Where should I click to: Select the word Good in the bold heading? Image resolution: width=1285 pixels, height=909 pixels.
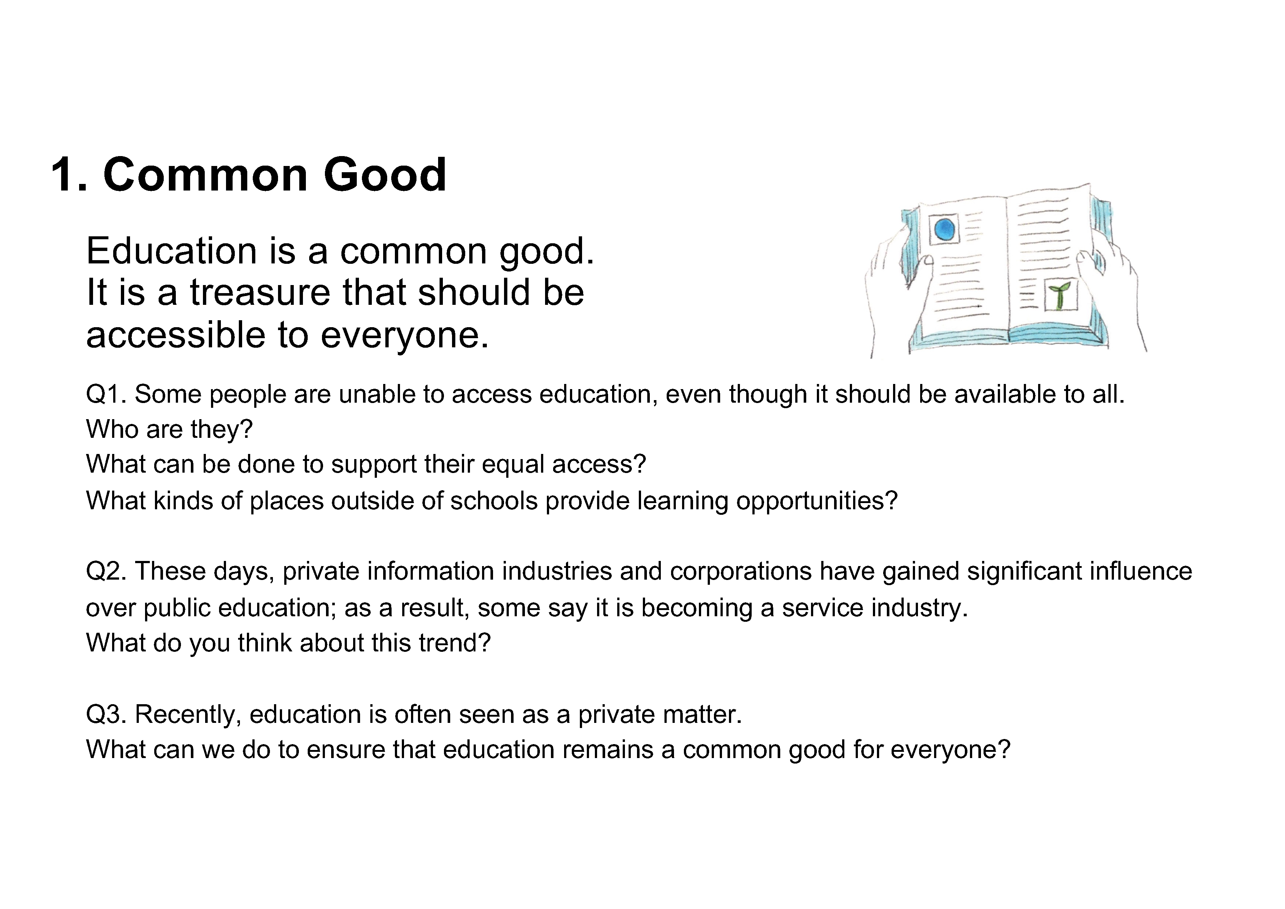click(x=385, y=175)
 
